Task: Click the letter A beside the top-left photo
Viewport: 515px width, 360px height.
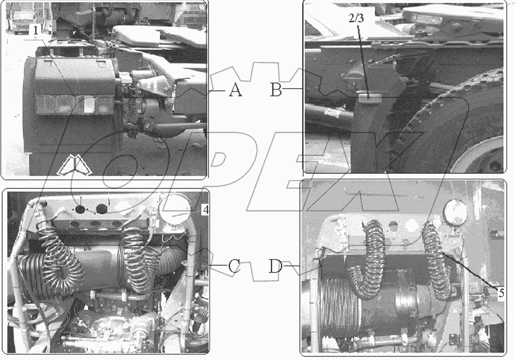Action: click(235, 90)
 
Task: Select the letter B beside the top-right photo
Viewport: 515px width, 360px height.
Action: click(276, 90)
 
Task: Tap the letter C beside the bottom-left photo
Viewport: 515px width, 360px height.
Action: click(234, 266)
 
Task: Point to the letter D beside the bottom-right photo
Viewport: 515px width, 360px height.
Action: click(276, 266)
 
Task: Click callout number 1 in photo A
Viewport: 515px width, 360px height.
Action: click(36, 31)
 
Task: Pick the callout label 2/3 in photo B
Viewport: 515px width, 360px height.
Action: click(356, 18)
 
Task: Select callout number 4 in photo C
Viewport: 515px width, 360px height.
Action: click(205, 210)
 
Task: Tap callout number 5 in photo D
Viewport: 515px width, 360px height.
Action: click(501, 293)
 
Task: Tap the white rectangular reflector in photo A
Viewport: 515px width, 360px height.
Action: click(89, 105)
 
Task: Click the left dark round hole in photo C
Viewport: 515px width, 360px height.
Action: click(81, 209)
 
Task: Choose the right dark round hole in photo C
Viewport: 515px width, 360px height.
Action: click(101, 209)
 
